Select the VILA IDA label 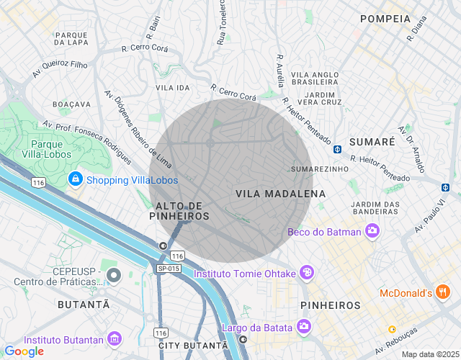coord(173,87)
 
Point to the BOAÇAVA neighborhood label coord(72,104)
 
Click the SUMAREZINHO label coord(319,168)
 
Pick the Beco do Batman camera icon coord(372,231)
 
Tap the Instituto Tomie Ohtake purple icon coord(307,272)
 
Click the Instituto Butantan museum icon coord(114,339)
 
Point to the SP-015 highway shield coord(168,269)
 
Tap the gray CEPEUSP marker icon coord(113,274)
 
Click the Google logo coord(24,351)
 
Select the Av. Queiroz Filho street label coord(60,69)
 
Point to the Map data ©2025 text coord(429,354)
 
